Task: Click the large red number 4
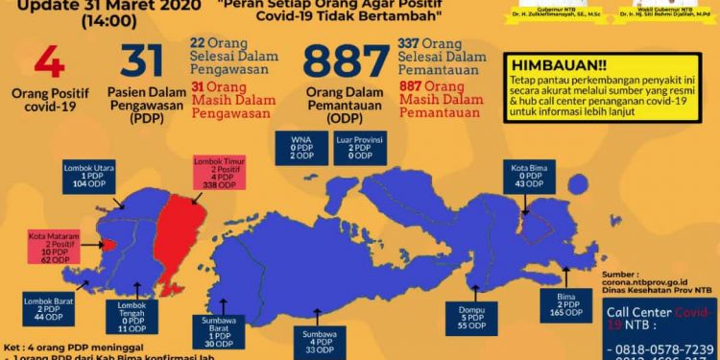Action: click(x=49, y=61)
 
